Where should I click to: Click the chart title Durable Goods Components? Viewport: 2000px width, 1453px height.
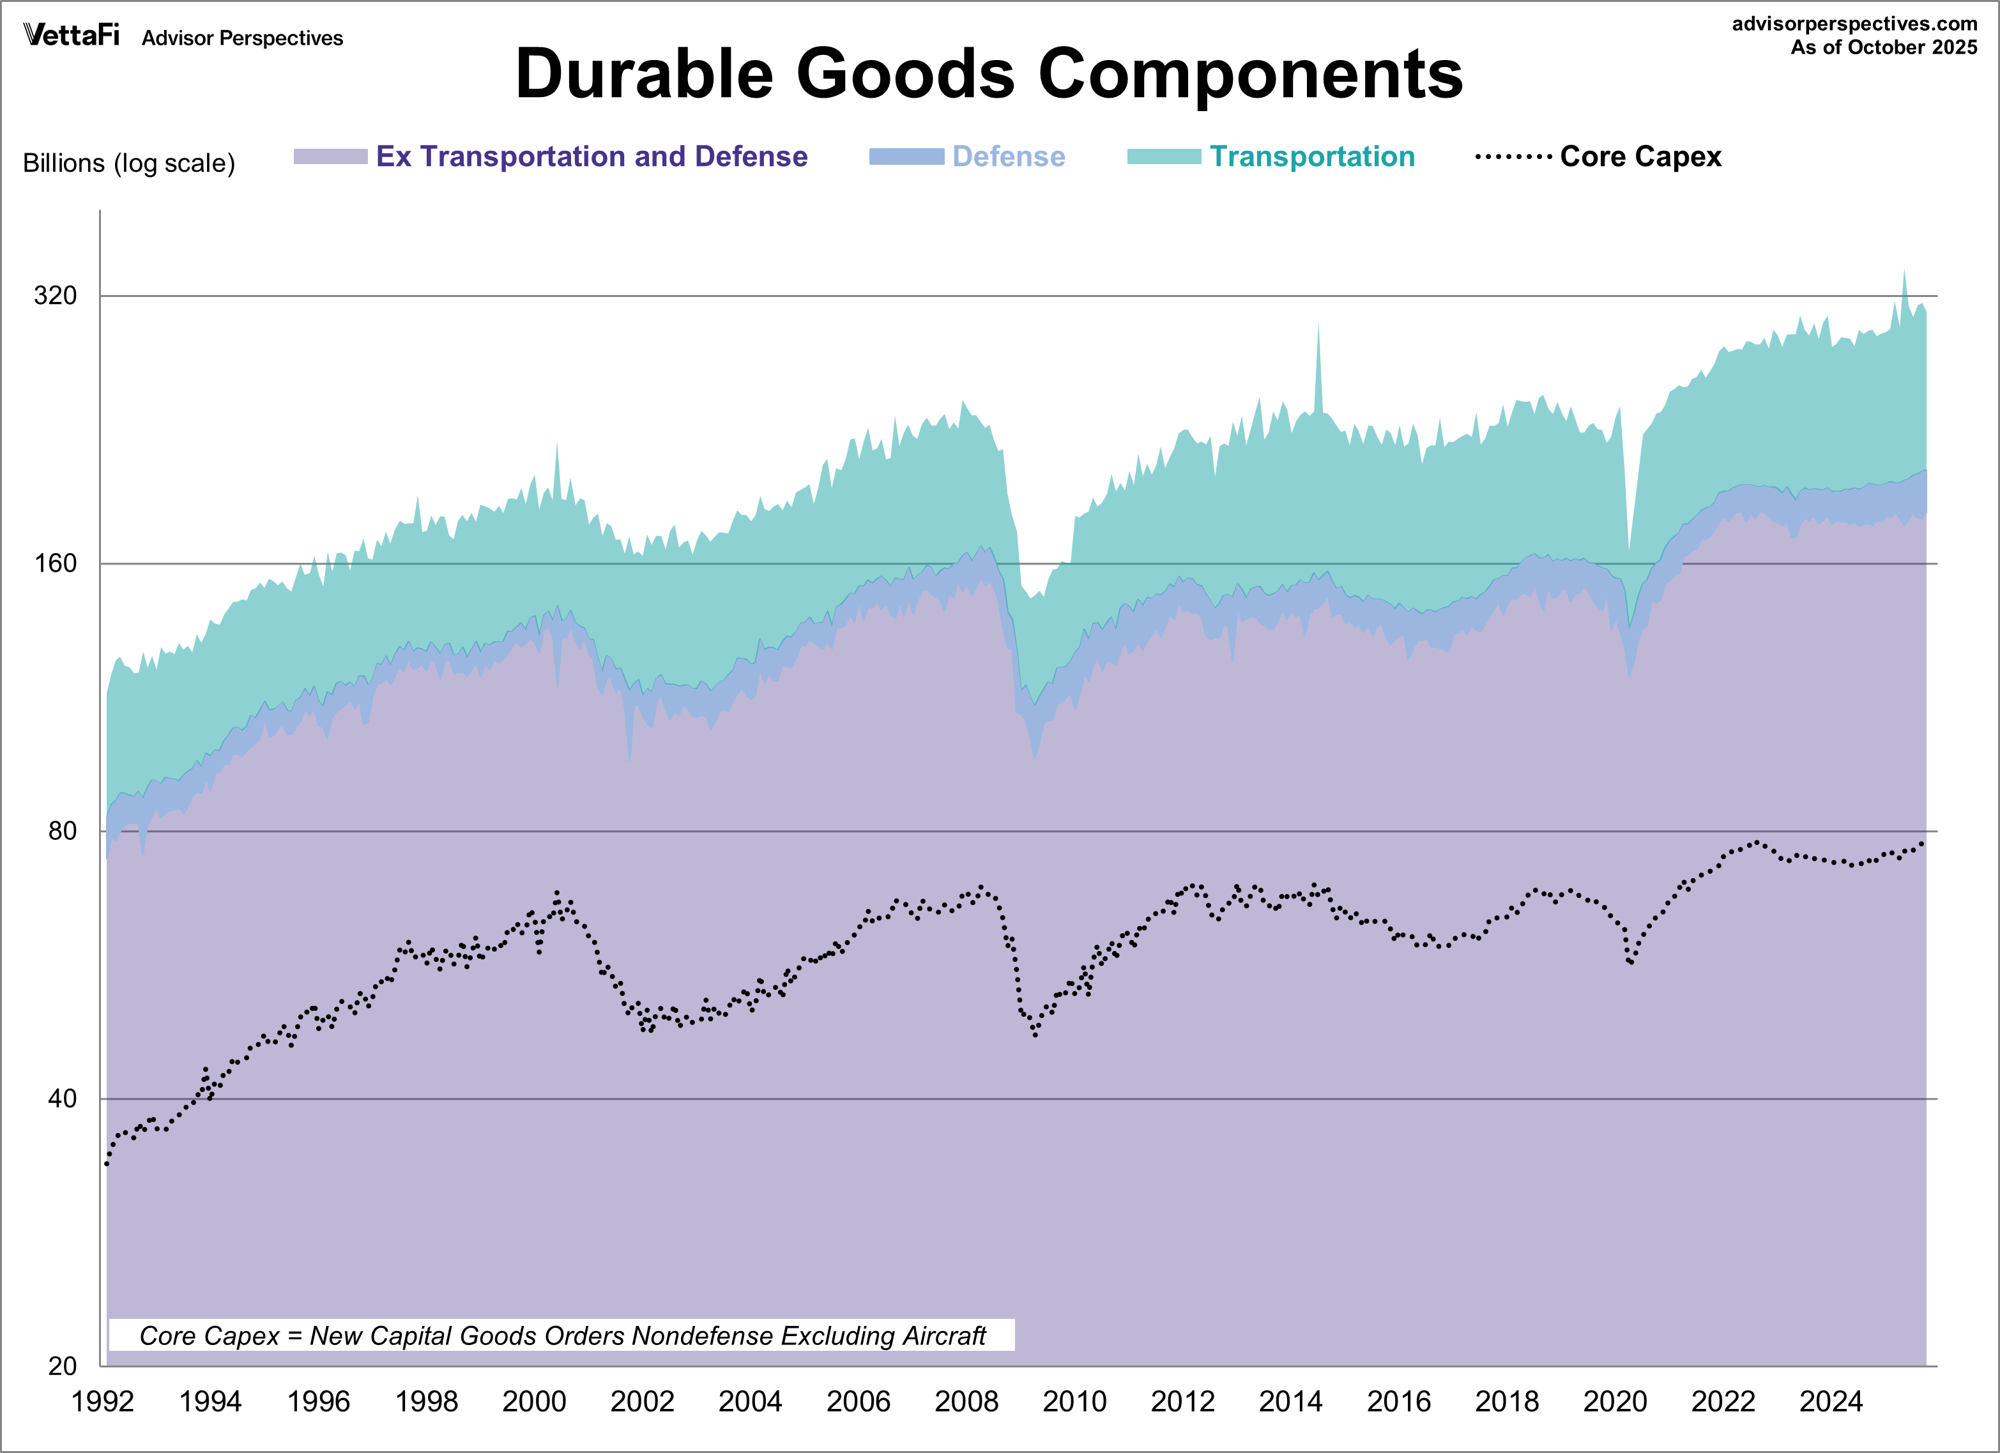point(989,74)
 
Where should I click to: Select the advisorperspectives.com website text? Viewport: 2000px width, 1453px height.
point(1854,24)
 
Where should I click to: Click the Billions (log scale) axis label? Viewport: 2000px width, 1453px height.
point(129,163)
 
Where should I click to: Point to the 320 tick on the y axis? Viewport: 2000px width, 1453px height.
point(56,295)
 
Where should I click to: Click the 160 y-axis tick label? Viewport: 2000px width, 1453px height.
point(56,563)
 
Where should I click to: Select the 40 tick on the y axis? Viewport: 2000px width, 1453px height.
point(62,1099)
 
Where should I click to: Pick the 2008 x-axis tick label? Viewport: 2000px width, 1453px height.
point(966,1401)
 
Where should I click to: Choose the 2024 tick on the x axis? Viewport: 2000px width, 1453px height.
point(1830,1401)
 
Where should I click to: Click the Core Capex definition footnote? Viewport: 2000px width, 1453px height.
point(561,1335)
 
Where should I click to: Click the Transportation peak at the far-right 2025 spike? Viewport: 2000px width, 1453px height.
point(1904,273)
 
